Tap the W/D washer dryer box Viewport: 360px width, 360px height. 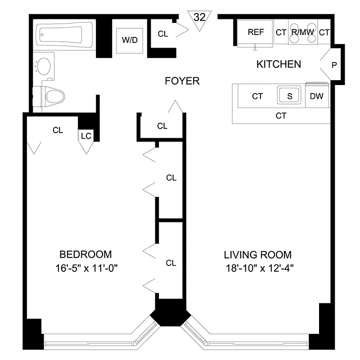point(130,39)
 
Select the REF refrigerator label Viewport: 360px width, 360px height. point(256,32)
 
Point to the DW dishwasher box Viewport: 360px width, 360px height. point(317,96)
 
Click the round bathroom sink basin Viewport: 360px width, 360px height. point(44,67)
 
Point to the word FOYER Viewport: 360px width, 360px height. point(182,81)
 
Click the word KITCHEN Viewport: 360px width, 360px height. point(279,64)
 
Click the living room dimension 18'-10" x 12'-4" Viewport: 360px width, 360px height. point(257,269)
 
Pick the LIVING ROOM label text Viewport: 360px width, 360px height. point(257,254)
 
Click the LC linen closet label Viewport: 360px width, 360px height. point(86,135)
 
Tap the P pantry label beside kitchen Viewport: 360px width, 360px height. point(334,65)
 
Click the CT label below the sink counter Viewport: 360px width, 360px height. point(281,116)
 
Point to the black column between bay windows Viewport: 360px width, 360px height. point(170,312)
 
